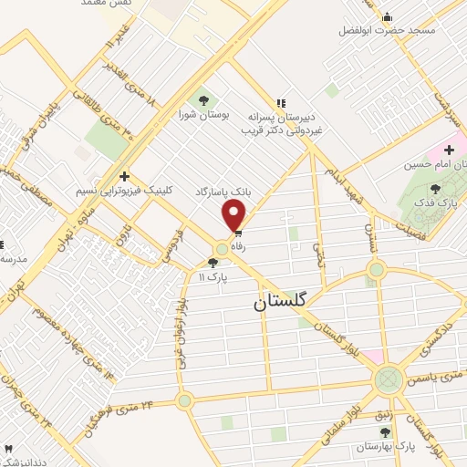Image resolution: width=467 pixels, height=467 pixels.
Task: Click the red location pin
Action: tap(234, 216)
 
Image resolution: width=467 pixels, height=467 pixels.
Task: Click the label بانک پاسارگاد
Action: tap(222, 192)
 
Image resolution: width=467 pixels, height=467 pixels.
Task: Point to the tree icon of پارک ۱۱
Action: tap(213, 263)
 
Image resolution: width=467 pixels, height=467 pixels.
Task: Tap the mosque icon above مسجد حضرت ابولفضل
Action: tap(388, 16)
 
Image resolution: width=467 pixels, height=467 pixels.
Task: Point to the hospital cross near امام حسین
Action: tap(449, 149)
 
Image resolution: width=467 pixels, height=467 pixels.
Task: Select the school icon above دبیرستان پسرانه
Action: tap(281, 102)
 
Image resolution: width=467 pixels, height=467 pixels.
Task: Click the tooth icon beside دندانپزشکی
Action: tap(9, 449)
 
